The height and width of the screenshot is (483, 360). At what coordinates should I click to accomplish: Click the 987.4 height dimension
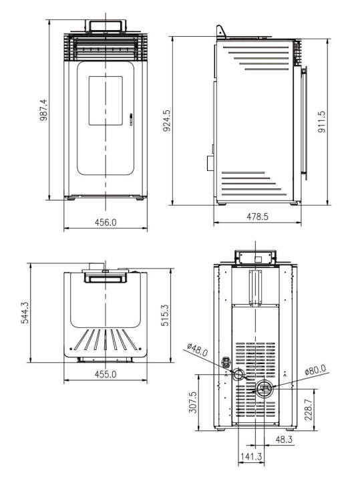[x=44, y=110]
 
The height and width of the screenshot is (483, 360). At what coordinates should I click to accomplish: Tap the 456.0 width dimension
[x=106, y=222]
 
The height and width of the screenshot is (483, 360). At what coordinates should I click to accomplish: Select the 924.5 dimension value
[x=167, y=120]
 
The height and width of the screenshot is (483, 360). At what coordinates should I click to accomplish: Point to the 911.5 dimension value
[x=321, y=122]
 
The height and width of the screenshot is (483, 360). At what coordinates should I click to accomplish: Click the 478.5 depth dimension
[x=257, y=216]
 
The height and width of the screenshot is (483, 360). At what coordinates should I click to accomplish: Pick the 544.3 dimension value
[x=25, y=313]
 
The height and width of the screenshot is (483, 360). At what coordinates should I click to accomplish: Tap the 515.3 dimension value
[x=165, y=315]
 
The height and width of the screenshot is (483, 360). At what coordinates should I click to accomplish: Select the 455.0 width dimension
[x=106, y=374]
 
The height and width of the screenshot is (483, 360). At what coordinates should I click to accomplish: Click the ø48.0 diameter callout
[x=198, y=350]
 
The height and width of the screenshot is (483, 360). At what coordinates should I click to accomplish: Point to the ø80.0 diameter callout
[x=315, y=369]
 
